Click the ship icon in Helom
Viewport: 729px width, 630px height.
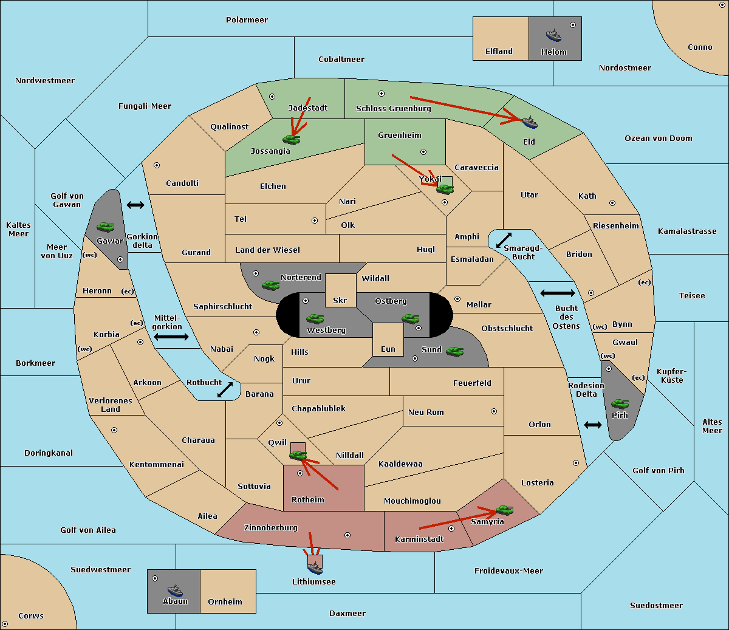(553, 35)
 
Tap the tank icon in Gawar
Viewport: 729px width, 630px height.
(105, 227)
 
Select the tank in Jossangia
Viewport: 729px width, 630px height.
(292, 139)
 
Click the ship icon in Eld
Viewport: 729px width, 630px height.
(530, 122)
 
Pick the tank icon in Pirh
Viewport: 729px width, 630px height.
(620, 403)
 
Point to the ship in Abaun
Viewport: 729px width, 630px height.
(175, 590)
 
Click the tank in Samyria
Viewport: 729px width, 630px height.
(504, 510)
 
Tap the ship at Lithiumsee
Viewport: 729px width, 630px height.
(315, 567)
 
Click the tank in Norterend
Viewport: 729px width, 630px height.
(270, 285)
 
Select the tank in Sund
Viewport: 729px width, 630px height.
(454, 351)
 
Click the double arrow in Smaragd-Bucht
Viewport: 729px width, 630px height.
(504, 241)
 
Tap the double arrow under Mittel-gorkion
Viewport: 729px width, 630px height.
(171, 337)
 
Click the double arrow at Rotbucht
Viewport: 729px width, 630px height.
(225, 389)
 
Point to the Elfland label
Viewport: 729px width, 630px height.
(499, 52)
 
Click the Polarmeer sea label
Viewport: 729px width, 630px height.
(247, 20)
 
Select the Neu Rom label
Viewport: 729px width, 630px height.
(426, 412)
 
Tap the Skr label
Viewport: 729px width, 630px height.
(340, 300)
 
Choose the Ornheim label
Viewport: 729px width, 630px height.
(225, 601)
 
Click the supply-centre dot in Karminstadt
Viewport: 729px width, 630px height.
(451, 546)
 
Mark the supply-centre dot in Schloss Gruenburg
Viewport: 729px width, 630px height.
(382, 94)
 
